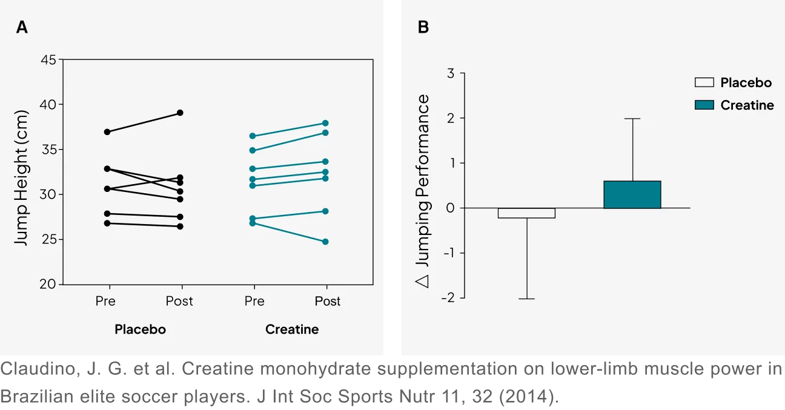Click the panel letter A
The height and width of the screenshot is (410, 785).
pos(22,27)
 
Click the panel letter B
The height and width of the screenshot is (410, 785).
pos(423,27)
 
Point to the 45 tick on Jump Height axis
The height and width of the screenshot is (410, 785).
pos(48,60)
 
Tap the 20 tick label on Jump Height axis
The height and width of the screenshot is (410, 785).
pos(48,285)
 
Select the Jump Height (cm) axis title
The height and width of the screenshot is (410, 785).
pos(21,177)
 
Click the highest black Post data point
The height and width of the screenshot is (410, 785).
pos(180,113)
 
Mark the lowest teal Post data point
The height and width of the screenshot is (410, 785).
pos(325,242)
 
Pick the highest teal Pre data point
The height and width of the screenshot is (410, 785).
pos(253,136)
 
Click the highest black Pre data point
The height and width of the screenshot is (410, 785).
pos(107,131)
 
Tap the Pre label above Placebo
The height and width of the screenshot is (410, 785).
pos(105,301)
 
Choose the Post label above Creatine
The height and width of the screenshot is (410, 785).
pos(328,301)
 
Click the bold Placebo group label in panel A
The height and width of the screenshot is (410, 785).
pos(140,329)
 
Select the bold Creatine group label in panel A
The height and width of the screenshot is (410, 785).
pos(292,329)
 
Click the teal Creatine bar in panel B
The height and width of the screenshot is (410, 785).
pos(632,194)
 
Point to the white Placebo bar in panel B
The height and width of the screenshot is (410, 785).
pos(526,213)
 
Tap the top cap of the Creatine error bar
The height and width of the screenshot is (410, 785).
pos(632,119)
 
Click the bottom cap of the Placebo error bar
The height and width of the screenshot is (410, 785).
pos(526,299)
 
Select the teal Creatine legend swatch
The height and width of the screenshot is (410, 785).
pos(704,105)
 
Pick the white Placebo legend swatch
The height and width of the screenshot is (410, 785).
pos(704,83)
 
